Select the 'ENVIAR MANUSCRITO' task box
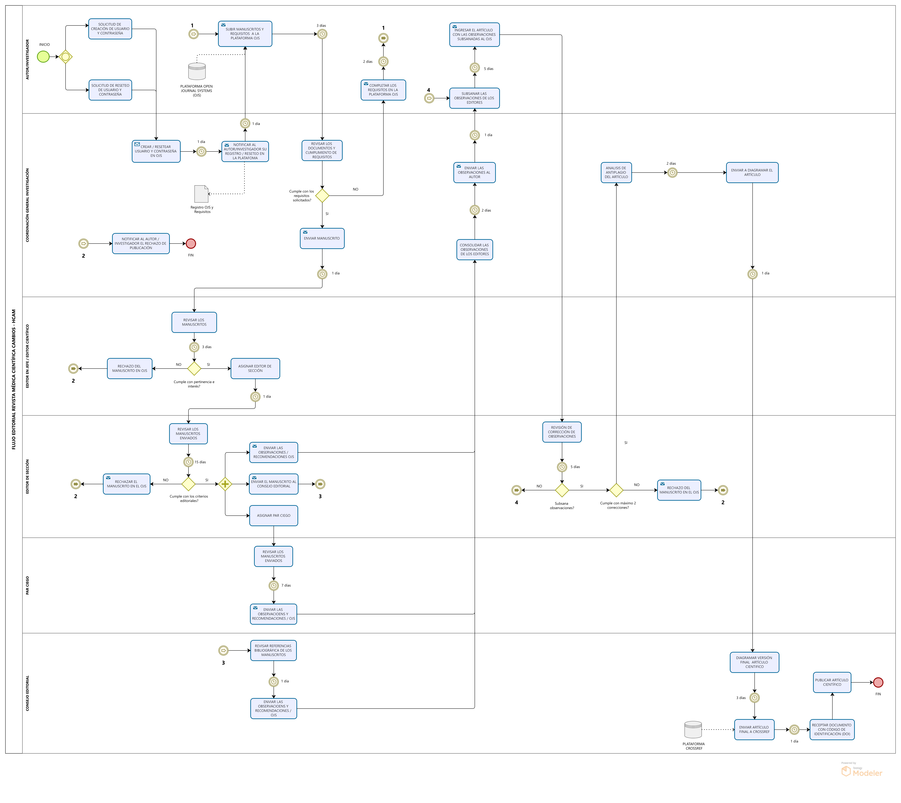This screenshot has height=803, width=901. pyautogui.click(x=322, y=238)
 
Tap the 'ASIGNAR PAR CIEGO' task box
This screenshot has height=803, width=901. pyautogui.click(x=273, y=515)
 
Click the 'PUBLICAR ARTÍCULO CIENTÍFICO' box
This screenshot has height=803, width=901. pyautogui.click(x=832, y=682)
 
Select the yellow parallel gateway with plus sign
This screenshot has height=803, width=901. pyautogui.click(x=225, y=484)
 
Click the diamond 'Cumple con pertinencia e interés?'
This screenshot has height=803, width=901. pyautogui.click(x=194, y=368)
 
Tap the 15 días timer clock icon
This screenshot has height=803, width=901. pyautogui.click(x=188, y=462)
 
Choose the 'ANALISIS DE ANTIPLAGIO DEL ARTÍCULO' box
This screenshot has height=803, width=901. pyautogui.click(x=616, y=173)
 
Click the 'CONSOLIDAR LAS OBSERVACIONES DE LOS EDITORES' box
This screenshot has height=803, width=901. pyautogui.click(x=475, y=250)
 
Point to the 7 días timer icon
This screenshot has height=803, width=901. pyautogui.click(x=273, y=585)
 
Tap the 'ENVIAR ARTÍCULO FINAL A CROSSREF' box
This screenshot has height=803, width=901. pyautogui.click(x=754, y=729)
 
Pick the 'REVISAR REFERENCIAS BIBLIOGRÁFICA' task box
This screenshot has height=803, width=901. pyautogui.click(x=273, y=650)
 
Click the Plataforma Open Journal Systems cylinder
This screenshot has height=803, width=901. pyautogui.click(x=197, y=72)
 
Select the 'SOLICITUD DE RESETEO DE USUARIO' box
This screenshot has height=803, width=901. pyautogui.click(x=110, y=90)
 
